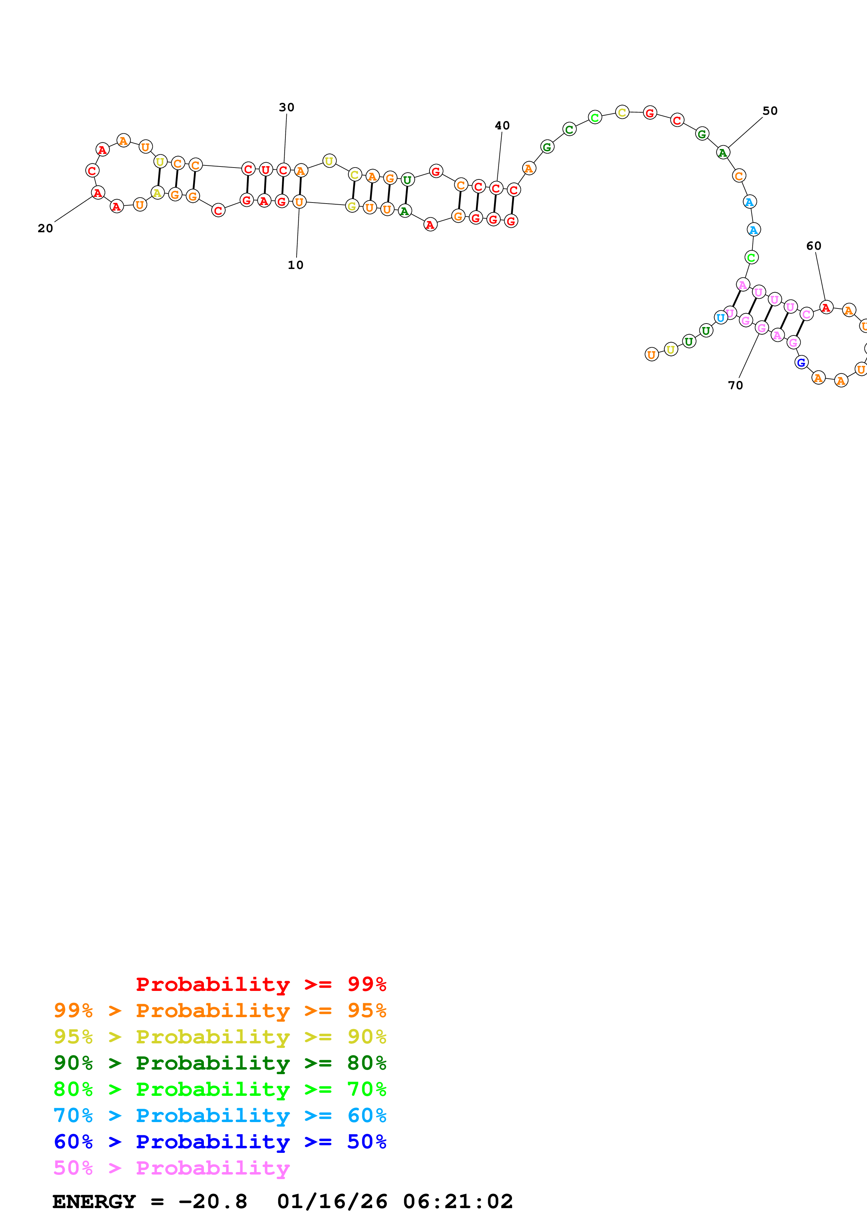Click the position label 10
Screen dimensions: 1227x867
pyautogui.click(x=296, y=265)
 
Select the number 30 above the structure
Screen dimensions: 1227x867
pyautogui.click(x=287, y=107)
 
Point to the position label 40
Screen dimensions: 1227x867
pyautogui.click(x=502, y=126)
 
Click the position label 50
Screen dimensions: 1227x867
pyautogui.click(x=770, y=111)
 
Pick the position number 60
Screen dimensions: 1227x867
pyautogui.click(x=813, y=246)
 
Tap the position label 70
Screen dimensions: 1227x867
pyautogui.click(x=735, y=385)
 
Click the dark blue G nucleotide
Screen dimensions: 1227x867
pyautogui.click(x=801, y=363)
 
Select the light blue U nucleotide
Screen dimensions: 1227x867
pyautogui.click(x=720, y=318)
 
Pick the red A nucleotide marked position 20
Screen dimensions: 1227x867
pyautogui.click(x=98, y=193)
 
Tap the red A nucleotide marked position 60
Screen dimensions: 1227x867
pyautogui.click(x=826, y=308)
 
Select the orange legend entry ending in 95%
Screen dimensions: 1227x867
pyautogui.click(x=220, y=1010)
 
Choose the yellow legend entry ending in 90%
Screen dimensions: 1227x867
pyautogui.click(x=220, y=1036)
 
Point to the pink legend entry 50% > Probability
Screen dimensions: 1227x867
pyautogui.click(x=171, y=1168)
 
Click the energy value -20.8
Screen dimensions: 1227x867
pyautogui.click(x=213, y=1201)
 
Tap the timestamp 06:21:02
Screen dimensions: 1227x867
pyautogui.click(x=458, y=1201)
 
